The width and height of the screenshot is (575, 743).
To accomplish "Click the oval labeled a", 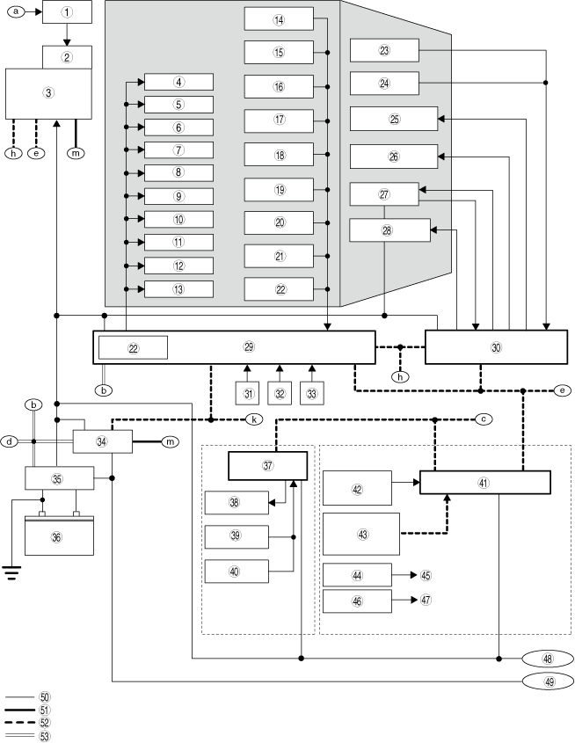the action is pos(16,11).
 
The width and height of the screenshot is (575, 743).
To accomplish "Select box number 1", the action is pos(67,11).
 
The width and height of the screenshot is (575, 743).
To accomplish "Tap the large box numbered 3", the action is pos(48,93).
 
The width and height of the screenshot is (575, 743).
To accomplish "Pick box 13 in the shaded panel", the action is pos(178,289).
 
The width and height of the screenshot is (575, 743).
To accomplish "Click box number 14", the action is pos(279,19).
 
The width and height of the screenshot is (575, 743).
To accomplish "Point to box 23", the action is pos(384,50).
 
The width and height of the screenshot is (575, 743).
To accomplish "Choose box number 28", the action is pos(389,230).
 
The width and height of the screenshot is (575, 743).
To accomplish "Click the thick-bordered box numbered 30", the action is pos(496,347).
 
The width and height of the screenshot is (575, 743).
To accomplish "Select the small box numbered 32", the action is pos(280,393).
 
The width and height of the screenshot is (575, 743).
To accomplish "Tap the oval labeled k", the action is pos(254,419).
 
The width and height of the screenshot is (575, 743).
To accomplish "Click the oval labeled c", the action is pos(483,419).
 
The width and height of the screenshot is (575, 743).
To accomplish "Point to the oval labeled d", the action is pos(10,441).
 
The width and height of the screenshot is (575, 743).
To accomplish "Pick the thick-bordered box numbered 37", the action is pos(267,466).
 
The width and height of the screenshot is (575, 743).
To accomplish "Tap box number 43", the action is pos(361,534).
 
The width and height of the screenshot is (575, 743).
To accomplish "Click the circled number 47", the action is pos(426,600).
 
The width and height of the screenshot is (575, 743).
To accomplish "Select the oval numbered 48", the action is pos(548,659).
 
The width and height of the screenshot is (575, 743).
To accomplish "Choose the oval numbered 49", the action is pos(548,681).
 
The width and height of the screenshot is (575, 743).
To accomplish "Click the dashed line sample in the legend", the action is pos(20,723).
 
